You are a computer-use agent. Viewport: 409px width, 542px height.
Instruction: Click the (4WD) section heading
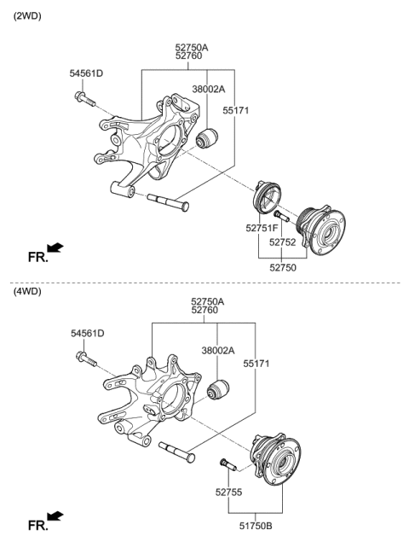[x=26, y=292]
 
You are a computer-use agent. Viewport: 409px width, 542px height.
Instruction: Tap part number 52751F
[x=262, y=228]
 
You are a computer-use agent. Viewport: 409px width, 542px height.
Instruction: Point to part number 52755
[x=229, y=492]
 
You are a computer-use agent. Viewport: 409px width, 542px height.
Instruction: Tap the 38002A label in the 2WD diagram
[x=208, y=89]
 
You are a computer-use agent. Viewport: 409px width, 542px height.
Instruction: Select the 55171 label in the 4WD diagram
[x=256, y=364]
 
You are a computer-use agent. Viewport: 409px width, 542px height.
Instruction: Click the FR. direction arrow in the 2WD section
[x=55, y=248]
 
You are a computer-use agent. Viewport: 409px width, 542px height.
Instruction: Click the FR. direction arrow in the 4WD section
[x=55, y=516]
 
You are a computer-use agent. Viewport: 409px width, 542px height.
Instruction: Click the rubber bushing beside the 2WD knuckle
[x=208, y=136]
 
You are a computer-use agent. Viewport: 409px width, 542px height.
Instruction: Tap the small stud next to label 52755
[x=228, y=469]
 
